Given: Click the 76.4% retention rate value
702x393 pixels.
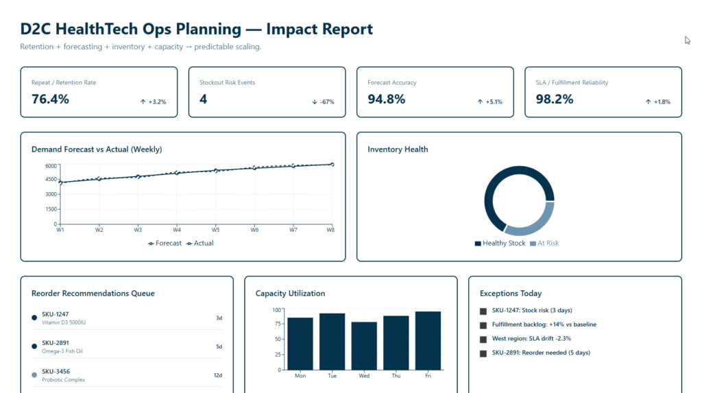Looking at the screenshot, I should pyautogui.click(x=50, y=99).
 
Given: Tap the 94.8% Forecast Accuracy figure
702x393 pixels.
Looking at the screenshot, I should pyautogui.click(x=386, y=99).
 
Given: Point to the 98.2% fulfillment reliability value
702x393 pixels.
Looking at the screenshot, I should pyautogui.click(x=554, y=99).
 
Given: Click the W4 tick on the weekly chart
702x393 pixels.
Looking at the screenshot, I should pyautogui.click(x=177, y=230).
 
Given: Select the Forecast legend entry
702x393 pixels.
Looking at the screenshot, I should pyautogui.click(x=165, y=243).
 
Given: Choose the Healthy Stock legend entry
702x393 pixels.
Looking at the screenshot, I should pyautogui.click(x=500, y=243).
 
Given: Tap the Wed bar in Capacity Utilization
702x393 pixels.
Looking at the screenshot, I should pyautogui.click(x=364, y=346).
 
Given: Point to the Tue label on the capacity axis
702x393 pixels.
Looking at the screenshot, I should pyautogui.click(x=332, y=376).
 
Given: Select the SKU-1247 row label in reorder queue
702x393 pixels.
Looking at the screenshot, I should pyautogui.click(x=56, y=314).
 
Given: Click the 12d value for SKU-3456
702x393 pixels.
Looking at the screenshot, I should pyautogui.click(x=218, y=375).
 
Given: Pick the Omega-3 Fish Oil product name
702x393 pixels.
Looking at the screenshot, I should pyautogui.click(x=62, y=351).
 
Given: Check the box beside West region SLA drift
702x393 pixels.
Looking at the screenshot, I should pyautogui.click(x=483, y=340).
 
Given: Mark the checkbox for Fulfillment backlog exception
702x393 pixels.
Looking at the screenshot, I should pyautogui.click(x=483, y=325).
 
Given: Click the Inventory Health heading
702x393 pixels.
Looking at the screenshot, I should pyautogui.click(x=398, y=150).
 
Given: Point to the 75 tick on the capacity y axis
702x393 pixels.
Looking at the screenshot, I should pyautogui.click(x=277, y=324).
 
